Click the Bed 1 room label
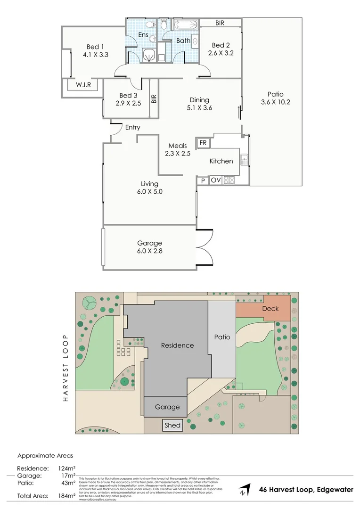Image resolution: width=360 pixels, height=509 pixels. tap(96, 47)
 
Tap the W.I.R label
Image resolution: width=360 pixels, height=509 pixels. tap(80, 85)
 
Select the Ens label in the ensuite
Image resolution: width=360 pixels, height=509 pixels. tap(143, 35)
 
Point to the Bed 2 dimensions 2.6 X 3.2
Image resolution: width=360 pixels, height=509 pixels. tap(221, 53)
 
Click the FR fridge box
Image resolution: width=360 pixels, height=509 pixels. tap(203, 143)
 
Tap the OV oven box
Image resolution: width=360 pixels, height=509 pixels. tap(216, 180)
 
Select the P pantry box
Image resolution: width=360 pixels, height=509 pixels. tap(203, 181)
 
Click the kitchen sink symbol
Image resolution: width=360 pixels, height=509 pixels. tap(244, 160)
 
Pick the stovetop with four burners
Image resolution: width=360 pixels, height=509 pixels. tap(229, 180)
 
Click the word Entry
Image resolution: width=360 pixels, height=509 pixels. tap(132, 127)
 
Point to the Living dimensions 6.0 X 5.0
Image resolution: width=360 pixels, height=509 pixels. tap(149, 192)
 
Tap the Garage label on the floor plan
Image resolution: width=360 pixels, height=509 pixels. tap(149, 243)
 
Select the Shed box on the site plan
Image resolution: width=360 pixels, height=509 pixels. tap(172, 425)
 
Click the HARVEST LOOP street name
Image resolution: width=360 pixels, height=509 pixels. tap(65, 369)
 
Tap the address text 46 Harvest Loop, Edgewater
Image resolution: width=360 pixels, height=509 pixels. tap(306, 490)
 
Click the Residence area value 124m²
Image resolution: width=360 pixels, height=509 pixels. tap(66, 468)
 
